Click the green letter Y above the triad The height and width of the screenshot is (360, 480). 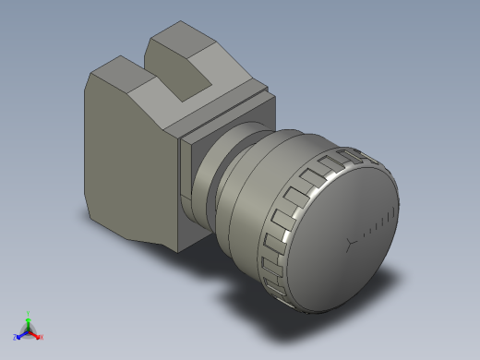click(29, 312)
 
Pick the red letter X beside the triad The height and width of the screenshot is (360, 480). click(42, 337)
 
